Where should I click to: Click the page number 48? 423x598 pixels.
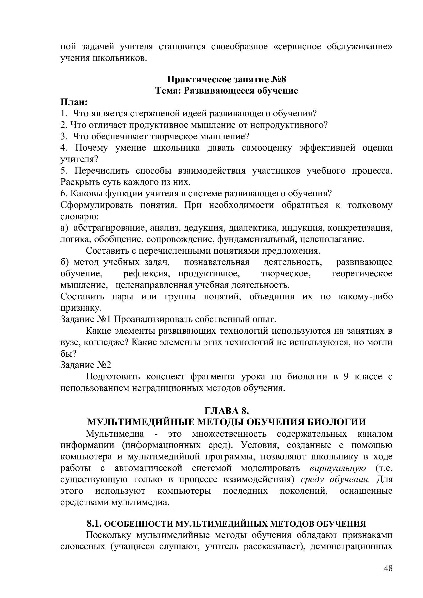coord(388,576)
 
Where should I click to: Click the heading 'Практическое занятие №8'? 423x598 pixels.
coord(226,80)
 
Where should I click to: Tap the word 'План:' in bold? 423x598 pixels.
coord(74,102)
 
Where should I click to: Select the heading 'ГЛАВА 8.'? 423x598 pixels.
coord(227,411)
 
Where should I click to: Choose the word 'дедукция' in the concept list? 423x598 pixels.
coord(204,228)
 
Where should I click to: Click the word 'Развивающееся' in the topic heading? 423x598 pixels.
coord(219,91)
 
